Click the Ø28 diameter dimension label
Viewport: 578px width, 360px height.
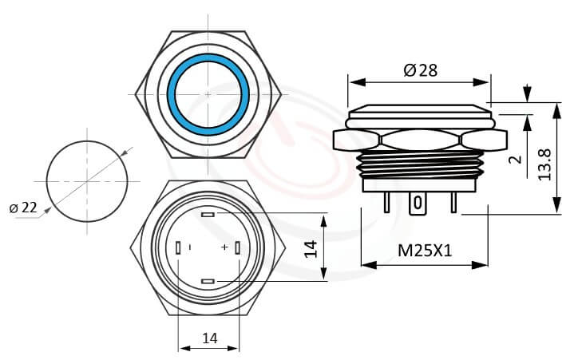click(x=421, y=70)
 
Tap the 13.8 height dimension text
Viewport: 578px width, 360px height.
click(x=546, y=163)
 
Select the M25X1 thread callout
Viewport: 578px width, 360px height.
click(x=425, y=250)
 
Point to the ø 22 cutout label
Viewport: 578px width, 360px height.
click(x=23, y=208)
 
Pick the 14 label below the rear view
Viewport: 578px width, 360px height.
click(x=209, y=338)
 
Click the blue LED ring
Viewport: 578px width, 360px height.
click(x=208, y=94)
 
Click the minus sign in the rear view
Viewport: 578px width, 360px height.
click(x=190, y=247)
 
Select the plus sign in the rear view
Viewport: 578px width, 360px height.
click(x=224, y=247)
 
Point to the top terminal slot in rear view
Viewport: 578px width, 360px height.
click(x=208, y=216)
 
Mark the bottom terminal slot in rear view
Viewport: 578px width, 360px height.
click(x=208, y=281)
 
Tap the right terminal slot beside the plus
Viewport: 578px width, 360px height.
click(x=238, y=248)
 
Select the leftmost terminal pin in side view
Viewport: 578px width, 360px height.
click(x=387, y=204)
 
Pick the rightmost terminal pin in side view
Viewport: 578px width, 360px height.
click(x=453, y=204)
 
